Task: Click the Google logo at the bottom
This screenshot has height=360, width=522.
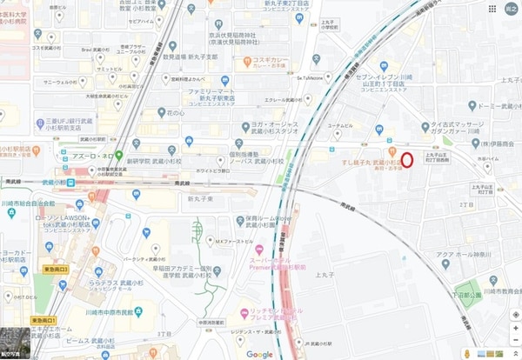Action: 259,354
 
